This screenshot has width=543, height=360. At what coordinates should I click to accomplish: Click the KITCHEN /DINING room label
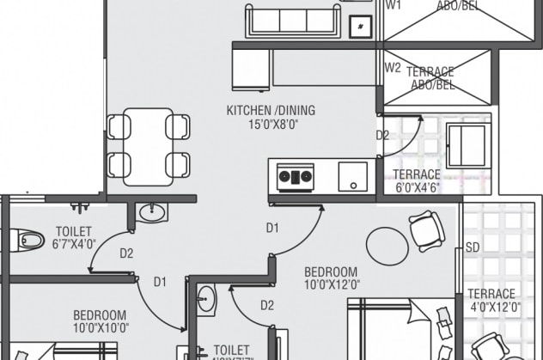pos(271,110)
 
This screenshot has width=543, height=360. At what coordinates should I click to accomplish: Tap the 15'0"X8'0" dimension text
pos(271,124)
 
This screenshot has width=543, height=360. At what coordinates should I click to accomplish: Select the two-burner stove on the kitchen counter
pos(294,178)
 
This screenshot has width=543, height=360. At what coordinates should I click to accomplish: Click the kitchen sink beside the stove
pos(352,176)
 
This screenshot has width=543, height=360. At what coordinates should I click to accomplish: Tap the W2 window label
pos(393,67)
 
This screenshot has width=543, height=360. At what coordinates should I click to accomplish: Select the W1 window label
pos(393,5)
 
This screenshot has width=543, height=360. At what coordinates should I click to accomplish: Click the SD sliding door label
pos(473,247)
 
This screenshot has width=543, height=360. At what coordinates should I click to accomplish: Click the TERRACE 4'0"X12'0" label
pos(492,301)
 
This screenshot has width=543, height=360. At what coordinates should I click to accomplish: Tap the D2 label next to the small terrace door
pos(382,135)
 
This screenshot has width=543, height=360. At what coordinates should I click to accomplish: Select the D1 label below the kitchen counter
pos(272,228)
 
